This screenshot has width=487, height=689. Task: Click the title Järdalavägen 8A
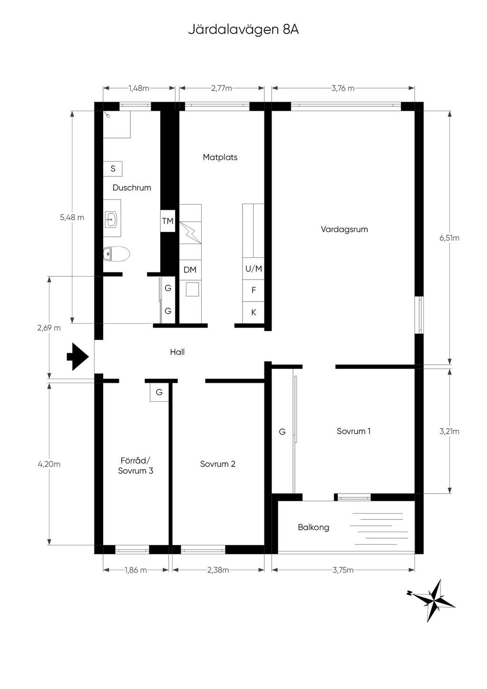tap(243, 30)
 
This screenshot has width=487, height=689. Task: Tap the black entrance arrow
tap(78, 357)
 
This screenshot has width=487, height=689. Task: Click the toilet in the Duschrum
tap(117, 254)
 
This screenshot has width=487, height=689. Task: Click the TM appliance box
tap(168, 221)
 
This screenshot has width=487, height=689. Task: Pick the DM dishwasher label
tap(190, 270)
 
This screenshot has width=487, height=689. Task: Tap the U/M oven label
tap(253, 269)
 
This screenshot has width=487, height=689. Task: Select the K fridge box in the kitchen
tap(253, 312)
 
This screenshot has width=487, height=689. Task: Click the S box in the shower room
tap(113, 168)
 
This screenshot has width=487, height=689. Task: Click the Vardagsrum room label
tap(344, 229)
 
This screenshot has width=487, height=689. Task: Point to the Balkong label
tap(313, 527)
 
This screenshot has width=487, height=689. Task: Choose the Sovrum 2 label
tap(217, 464)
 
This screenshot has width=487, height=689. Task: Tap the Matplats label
tap(220, 157)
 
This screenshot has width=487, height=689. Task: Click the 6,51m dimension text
tap(449, 238)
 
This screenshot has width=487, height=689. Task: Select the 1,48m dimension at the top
tap(139, 88)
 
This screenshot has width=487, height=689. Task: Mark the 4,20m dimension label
tap(49, 464)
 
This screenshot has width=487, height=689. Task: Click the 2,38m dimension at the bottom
tap(218, 570)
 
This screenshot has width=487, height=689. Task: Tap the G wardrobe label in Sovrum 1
tap(282, 432)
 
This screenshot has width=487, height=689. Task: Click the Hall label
tap(177, 352)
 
